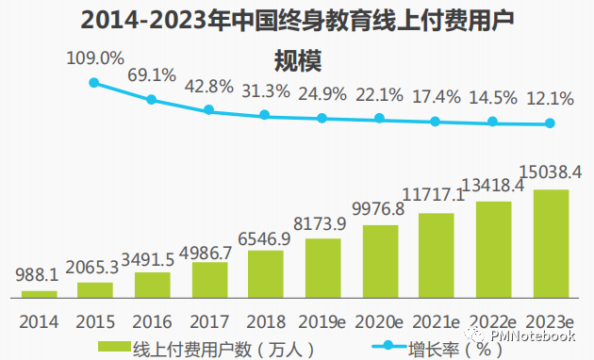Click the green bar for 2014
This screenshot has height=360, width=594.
(39, 294)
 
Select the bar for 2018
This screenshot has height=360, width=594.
(266, 273)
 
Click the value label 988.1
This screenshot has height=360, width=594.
(39, 277)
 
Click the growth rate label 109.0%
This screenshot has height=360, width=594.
(94, 58)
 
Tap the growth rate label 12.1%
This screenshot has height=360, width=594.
(551, 97)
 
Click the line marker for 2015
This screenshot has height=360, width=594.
(94, 83)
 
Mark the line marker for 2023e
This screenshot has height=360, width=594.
(551, 123)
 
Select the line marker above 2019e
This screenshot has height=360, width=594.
(322, 118)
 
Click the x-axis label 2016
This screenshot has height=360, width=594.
(152, 320)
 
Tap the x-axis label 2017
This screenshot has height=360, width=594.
(208, 320)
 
